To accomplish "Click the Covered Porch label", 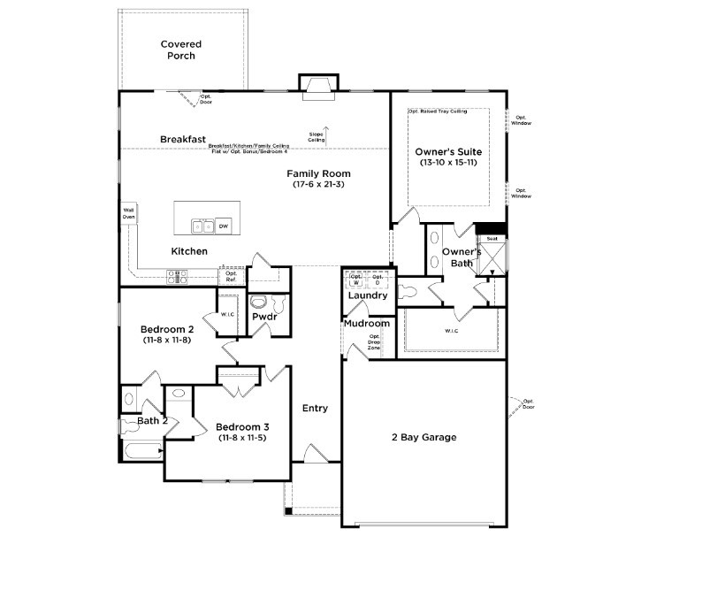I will tap(180, 50).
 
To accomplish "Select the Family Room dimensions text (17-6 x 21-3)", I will tap(318, 184).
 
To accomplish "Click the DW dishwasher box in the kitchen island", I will tap(224, 226).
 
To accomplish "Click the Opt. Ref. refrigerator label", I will tap(231, 276).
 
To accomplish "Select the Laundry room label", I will tap(368, 295).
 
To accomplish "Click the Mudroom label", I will tap(367, 324).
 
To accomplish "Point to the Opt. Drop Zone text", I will tap(375, 342).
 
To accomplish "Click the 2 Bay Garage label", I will tap(423, 437).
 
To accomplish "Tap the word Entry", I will tap(315, 408).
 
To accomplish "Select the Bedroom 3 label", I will tap(243, 427).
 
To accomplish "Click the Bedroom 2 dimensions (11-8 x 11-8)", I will tap(167, 340).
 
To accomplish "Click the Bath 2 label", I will tap(152, 420).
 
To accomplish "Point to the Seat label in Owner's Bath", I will tap(492, 238).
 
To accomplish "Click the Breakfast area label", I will tap(183, 139).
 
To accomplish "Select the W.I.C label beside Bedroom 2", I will tap(227, 314).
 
